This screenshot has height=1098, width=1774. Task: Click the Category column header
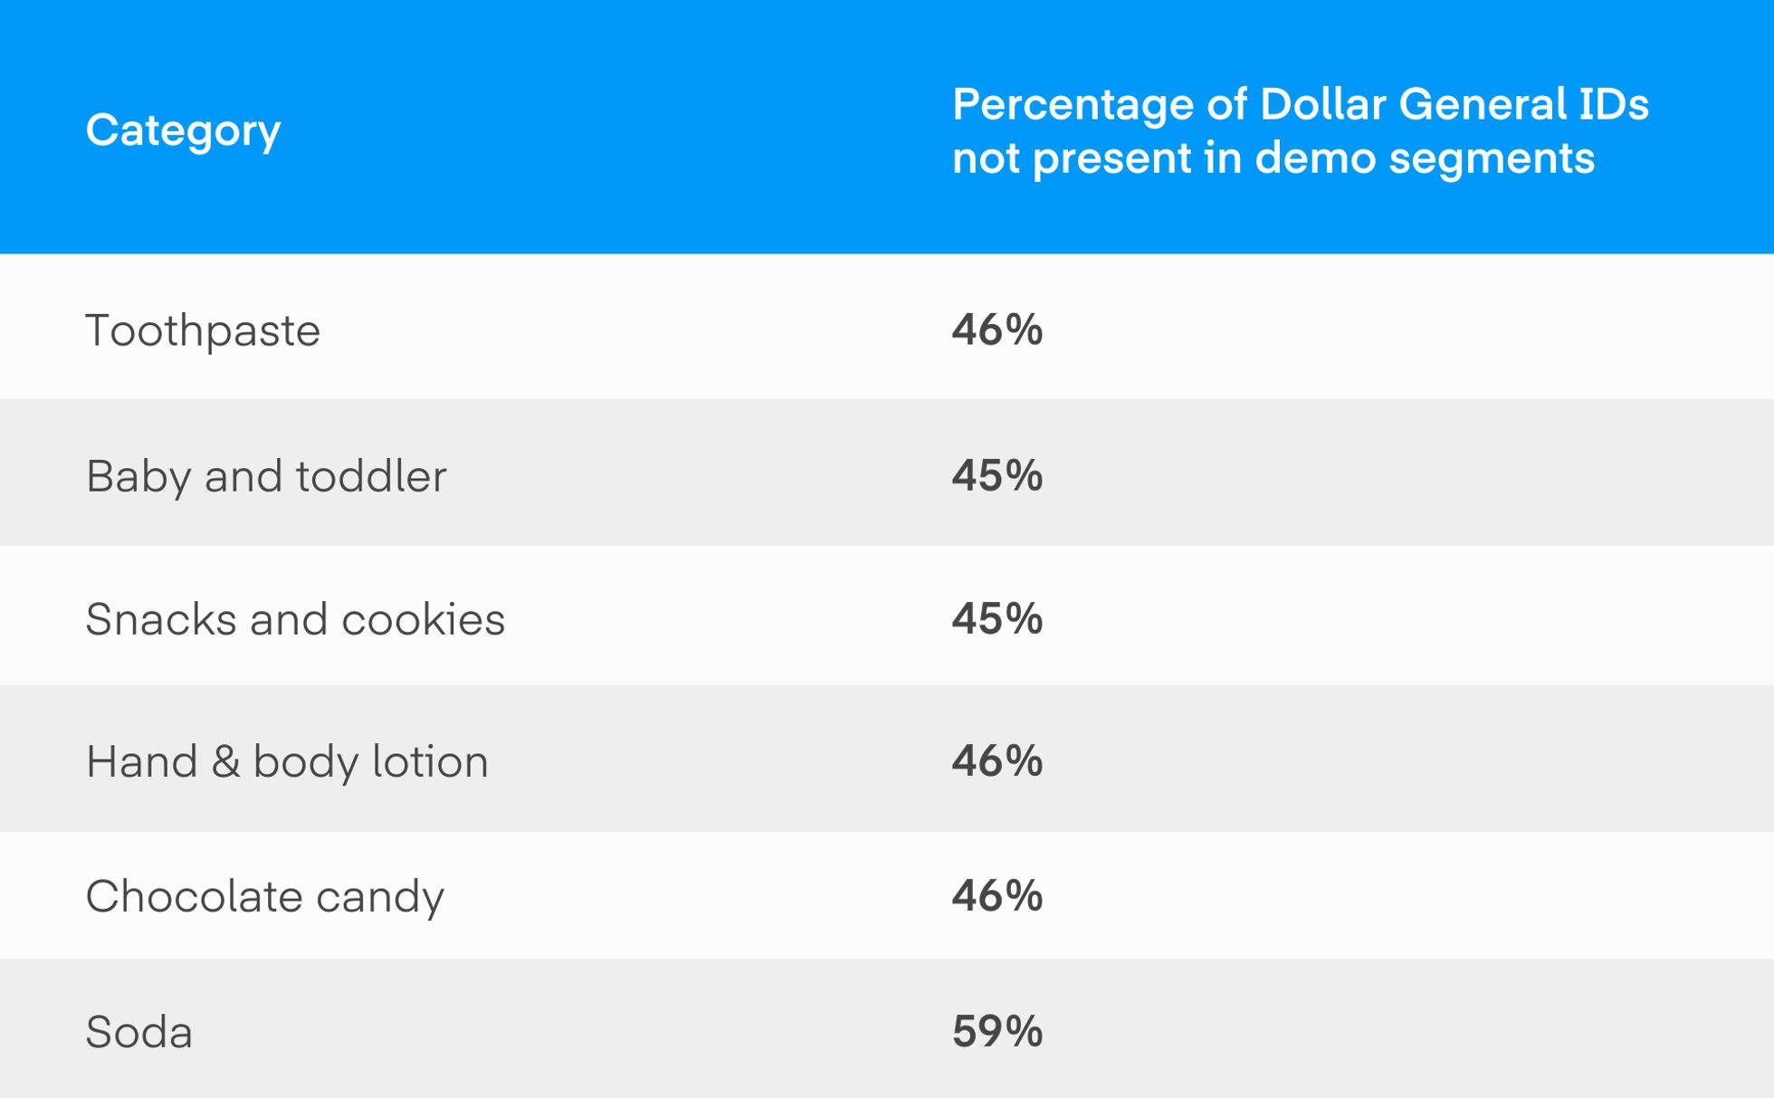click(x=183, y=130)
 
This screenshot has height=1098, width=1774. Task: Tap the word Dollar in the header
click(x=1322, y=105)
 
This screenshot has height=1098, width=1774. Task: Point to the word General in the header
click(x=1482, y=105)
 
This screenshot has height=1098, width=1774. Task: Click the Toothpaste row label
click(x=203, y=329)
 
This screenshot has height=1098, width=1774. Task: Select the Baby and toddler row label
click(x=266, y=476)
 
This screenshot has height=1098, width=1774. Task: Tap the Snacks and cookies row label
click(x=295, y=619)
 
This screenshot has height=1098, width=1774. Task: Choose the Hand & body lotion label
click(x=287, y=761)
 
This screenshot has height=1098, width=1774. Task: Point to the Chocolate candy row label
click(x=265, y=896)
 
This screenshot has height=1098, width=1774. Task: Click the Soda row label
click(x=139, y=1032)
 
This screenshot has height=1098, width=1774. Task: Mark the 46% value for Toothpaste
click(x=997, y=329)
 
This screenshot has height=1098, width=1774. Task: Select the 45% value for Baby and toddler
click(x=997, y=475)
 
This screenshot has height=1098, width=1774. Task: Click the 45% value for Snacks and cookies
click(x=997, y=619)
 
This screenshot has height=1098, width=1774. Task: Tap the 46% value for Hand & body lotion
click(x=997, y=760)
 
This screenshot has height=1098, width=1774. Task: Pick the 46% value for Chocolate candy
click(x=997, y=895)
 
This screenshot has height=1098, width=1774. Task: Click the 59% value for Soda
click(x=997, y=1031)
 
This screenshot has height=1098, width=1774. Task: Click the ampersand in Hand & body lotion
click(x=225, y=761)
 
